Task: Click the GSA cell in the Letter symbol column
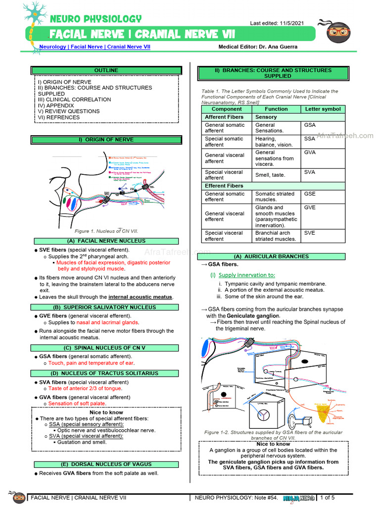point(309,125)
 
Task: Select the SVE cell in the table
point(309,233)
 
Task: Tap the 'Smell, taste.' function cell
point(270,175)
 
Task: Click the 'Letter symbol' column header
point(323,109)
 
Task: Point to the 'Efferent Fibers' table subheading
point(224,186)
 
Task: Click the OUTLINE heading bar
point(106,70)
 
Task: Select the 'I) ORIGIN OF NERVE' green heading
point(106,140)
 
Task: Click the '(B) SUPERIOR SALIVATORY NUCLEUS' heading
point(106,307)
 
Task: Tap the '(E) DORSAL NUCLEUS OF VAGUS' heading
point(106,464)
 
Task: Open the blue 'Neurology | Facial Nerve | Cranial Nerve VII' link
point(95,47)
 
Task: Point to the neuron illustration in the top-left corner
point(34,20)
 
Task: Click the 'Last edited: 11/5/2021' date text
point(278,24)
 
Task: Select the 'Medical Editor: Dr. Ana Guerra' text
point(259,47)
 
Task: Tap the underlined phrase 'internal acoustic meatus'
point(141,297)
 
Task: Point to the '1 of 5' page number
point(328,497)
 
